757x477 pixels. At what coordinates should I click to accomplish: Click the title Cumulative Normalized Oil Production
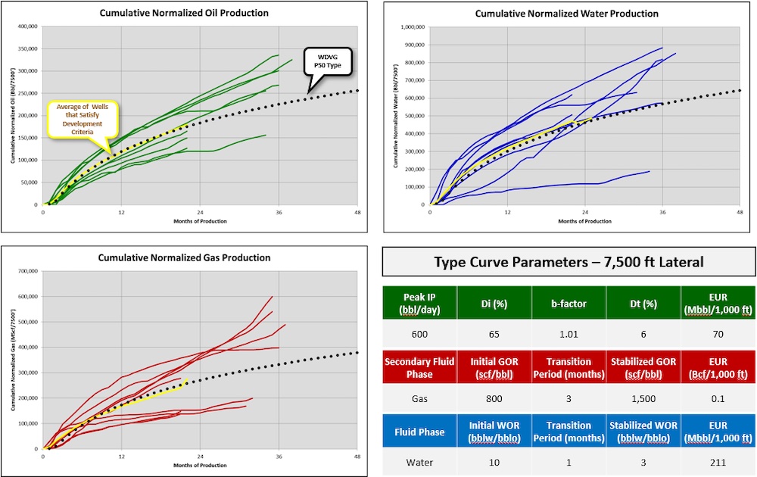click(x=184, y=14)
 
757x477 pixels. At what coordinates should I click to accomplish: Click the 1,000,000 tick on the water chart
click(x=413, y=26)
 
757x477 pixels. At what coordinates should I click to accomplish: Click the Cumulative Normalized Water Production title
click(x=566, y=14)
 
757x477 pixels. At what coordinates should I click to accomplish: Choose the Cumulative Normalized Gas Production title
click(x=184, y=257)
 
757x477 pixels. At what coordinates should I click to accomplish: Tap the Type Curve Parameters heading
click(x=569, y=263)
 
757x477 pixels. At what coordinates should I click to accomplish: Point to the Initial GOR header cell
click(x=494, y=366)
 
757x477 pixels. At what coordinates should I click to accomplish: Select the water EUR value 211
click(x=717, y=462)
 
